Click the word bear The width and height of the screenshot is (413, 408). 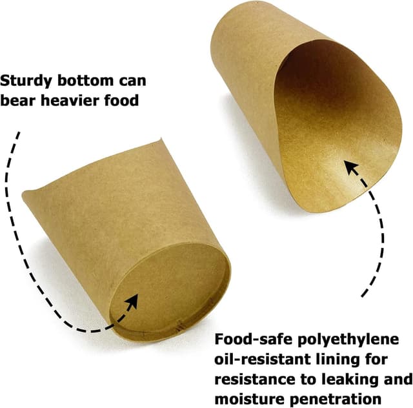tap(19, 102)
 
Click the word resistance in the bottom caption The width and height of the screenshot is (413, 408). tap(252, 378)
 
